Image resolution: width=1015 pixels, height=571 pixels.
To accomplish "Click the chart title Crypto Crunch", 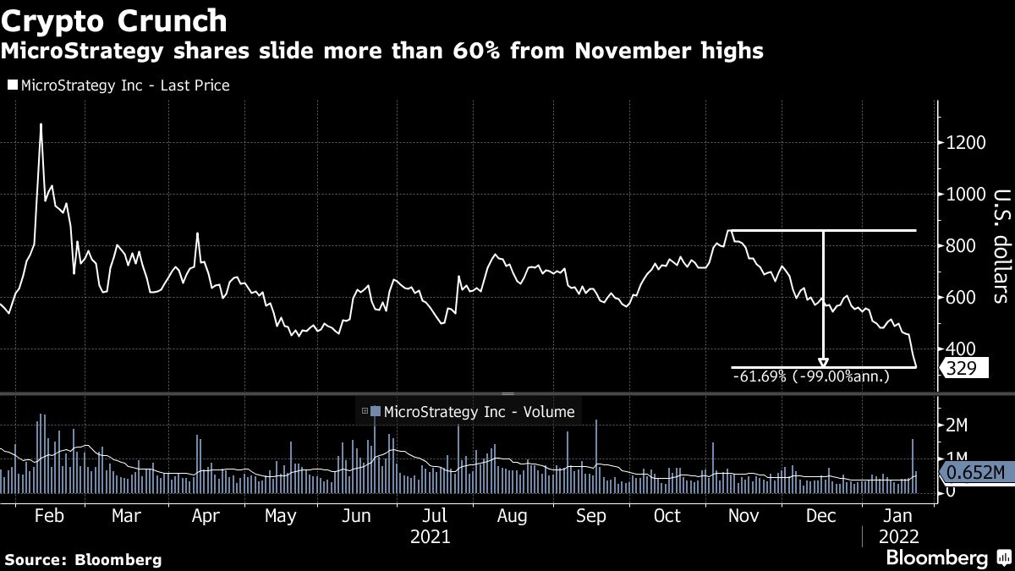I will coord(114,20).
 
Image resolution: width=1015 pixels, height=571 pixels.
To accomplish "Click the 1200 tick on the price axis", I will coord(965,142).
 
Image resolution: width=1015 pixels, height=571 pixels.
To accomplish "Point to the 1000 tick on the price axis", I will coord(965,194).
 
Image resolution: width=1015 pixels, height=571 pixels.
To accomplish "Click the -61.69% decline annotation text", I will coord(811,376).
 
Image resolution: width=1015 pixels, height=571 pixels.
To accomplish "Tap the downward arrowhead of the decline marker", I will coord(823,362).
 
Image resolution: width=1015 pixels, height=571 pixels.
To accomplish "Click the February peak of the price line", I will coord(41,125).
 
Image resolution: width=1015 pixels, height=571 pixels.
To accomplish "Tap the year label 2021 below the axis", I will coord(430,537).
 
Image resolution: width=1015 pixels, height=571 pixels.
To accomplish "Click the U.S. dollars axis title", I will coord(999,245).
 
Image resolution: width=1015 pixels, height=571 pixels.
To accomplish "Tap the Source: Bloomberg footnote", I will coord(83,559).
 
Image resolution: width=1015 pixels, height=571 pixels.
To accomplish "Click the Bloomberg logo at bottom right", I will coord(946,557).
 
